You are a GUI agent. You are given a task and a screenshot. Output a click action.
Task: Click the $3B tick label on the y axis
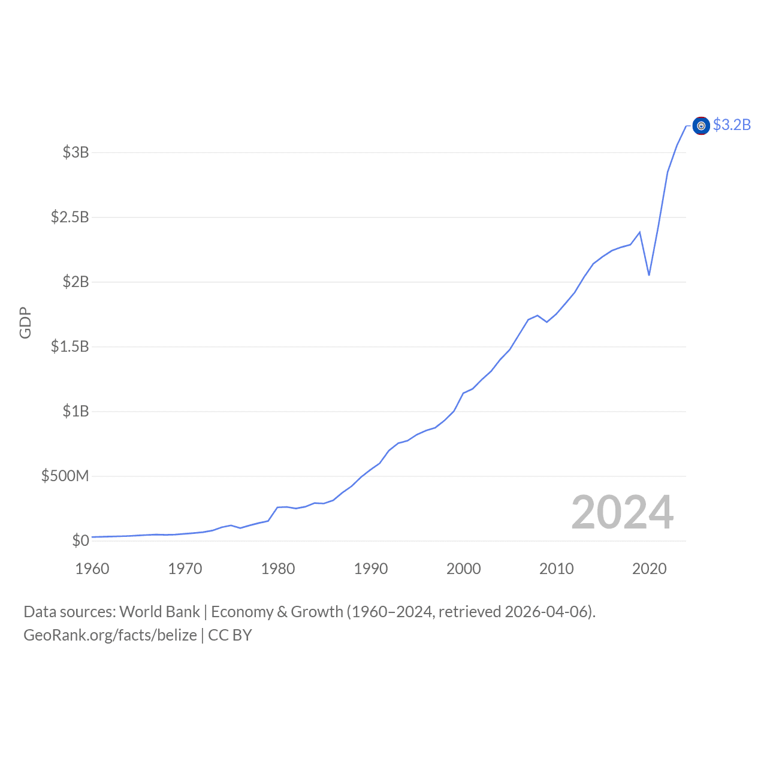point(76,152)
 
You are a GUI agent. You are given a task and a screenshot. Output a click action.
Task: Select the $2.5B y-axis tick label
point(70,217)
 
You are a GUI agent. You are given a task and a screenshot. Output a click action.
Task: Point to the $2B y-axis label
point(76,282)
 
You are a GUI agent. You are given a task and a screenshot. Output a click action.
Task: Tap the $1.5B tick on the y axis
point(70,346)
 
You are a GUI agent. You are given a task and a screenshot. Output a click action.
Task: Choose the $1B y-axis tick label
point(76,411)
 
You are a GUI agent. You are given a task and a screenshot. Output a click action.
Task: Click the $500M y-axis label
point(65,476)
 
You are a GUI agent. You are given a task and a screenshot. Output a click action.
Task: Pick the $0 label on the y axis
point(80,540)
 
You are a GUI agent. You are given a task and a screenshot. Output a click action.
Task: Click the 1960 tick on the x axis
point(92,569)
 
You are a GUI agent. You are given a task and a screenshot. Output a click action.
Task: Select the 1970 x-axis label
point(185,569)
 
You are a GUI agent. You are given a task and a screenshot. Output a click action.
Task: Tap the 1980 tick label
point(278,569)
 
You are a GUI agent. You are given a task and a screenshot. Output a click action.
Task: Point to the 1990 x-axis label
point(371,569)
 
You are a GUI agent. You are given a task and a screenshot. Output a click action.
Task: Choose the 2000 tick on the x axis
point(464,569)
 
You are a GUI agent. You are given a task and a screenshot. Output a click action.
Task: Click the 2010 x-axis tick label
point(557,569)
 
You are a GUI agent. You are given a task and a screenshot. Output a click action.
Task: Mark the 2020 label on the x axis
point(650,569)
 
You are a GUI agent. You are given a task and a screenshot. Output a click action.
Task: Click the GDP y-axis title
point(25,323)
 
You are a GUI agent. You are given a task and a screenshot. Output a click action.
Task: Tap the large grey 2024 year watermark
point(623,512)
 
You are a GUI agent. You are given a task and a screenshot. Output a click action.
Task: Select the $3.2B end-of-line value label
point(732,125)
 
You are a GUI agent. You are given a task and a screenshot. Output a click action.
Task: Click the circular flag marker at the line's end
point(701,126)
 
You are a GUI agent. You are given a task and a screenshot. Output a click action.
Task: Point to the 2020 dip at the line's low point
point(649,275)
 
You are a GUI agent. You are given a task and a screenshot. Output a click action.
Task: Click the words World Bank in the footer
point(159,612)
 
